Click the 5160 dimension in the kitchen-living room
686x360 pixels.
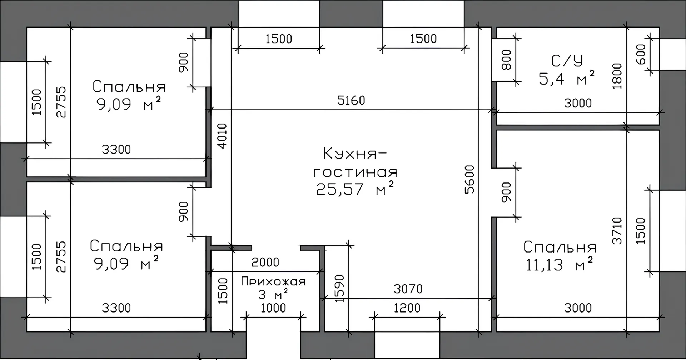(x=351, y=100)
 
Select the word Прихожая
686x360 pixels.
(x=273, y=281)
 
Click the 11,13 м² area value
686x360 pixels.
(x=560, y=264)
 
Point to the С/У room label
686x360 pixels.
(x=567, y=61)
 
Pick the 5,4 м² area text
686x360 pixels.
(x=567, y=79)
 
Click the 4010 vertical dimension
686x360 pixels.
(x=222, y=136)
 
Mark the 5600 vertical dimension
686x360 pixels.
(x=469, y=179)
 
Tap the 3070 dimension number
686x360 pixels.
(x=408, y=289)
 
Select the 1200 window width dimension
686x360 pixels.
(x=407, y=308)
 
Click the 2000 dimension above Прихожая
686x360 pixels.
(x=265, y=262)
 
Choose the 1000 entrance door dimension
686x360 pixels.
(x=273, y=308)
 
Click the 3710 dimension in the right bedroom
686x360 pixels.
(x=617, y=230)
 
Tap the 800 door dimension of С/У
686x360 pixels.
(x=507, y=59)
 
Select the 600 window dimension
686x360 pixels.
(x=641, y=54)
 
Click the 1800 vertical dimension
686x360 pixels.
(x=617, y=76)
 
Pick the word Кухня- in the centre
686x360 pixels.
(x=355, y=154)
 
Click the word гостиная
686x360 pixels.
(x=355, y=172)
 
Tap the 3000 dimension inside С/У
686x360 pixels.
(x=578, y=103)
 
